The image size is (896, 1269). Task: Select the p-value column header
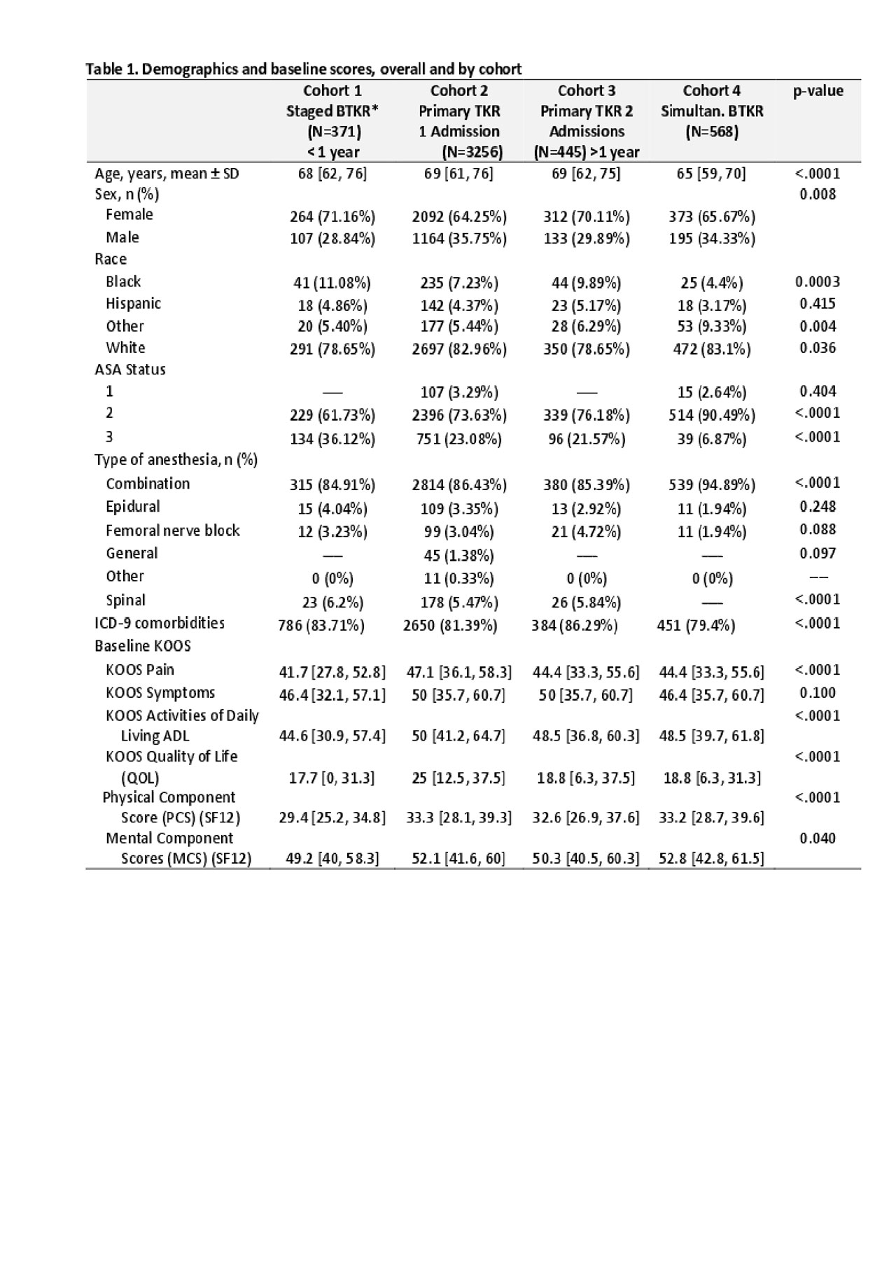pos(818,91)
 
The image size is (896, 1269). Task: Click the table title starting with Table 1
pos(303,69)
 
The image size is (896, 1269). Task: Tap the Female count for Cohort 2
pos(459,216)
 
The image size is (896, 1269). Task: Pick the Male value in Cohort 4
pos(712,239)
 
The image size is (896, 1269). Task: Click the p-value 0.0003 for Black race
pos(818,282)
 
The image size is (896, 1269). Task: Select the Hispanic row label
pos(133,304)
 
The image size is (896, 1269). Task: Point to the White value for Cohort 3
pos(587,349)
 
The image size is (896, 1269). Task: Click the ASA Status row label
pos(130,370)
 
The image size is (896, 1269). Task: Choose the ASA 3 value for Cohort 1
pos(332,439)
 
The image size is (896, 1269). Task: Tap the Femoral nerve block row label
pos(172,531)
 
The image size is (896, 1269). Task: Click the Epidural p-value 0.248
pos(818,507)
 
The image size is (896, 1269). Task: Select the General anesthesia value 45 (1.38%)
pos(459,556)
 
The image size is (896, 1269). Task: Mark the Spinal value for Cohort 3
pos(587,602)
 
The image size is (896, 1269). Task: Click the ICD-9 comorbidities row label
pos(160,623)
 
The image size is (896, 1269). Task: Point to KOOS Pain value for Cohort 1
pos(332,673)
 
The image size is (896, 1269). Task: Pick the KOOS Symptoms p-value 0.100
pos(818,693)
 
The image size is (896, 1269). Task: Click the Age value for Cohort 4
pos(712,174)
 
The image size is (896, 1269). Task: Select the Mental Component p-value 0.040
pos(818,839)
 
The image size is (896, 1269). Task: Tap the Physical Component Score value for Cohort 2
pos(459,818)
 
